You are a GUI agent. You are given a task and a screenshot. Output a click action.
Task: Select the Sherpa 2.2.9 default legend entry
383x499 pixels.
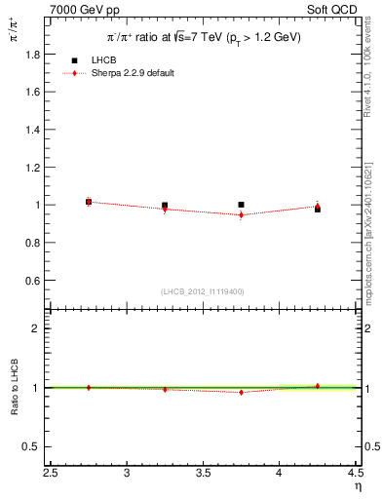click(131, 73)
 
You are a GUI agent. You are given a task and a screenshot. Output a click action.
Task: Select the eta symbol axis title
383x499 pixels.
click(358, 486)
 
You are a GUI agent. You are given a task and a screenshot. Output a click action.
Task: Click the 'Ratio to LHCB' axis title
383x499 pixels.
click(15, 388)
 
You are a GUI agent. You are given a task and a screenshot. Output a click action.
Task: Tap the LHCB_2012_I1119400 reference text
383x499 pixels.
click(204, 290)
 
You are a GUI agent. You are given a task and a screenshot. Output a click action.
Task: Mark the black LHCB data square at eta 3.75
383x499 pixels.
click(241, 205)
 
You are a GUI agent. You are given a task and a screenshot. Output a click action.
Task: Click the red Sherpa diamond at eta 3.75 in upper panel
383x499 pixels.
click(241, 214)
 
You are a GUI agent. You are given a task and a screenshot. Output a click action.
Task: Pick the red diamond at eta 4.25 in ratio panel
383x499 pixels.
click(317, 386)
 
